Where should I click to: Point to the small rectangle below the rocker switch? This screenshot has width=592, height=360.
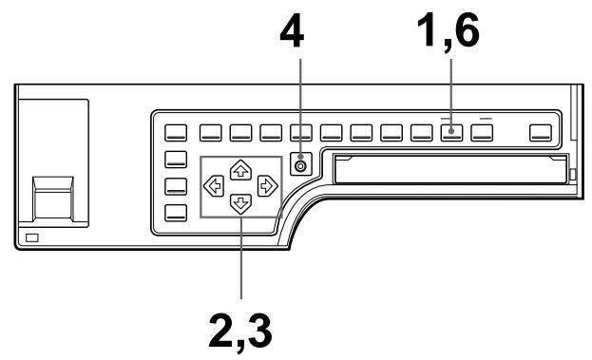[x=32, y=236]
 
